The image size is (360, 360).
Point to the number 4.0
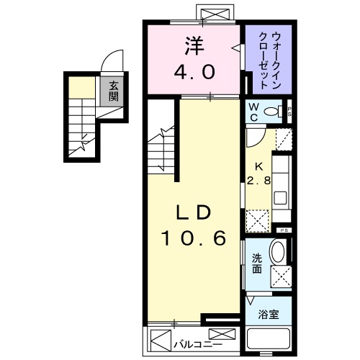point(192,72)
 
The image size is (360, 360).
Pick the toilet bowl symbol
point(273,112)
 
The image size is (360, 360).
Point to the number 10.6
point(192,238)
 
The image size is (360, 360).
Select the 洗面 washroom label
point(257,265)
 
